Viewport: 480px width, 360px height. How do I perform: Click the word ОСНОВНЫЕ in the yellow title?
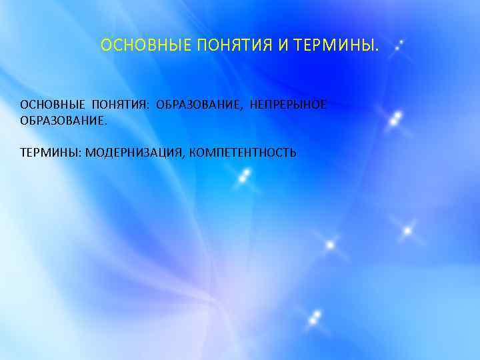[x=135, y=45]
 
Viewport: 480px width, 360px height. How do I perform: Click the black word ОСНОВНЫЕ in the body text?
[x=53, y=105]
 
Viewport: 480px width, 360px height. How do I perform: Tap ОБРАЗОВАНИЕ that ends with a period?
[x=63, y=121]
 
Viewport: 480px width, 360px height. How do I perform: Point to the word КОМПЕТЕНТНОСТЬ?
[x=243, y=153]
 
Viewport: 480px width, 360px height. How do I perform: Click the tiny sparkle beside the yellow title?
[x=399, y=46]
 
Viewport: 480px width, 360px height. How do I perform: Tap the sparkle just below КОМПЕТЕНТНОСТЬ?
[x=245, y=175]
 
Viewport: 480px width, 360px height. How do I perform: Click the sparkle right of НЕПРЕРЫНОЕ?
[x=395, y=119]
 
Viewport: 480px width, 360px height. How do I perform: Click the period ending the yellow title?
[x=377, y=49]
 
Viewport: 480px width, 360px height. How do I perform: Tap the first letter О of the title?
[x=105, y=45]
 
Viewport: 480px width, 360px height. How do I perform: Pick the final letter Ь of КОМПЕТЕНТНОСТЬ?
[x=293, y=153]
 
